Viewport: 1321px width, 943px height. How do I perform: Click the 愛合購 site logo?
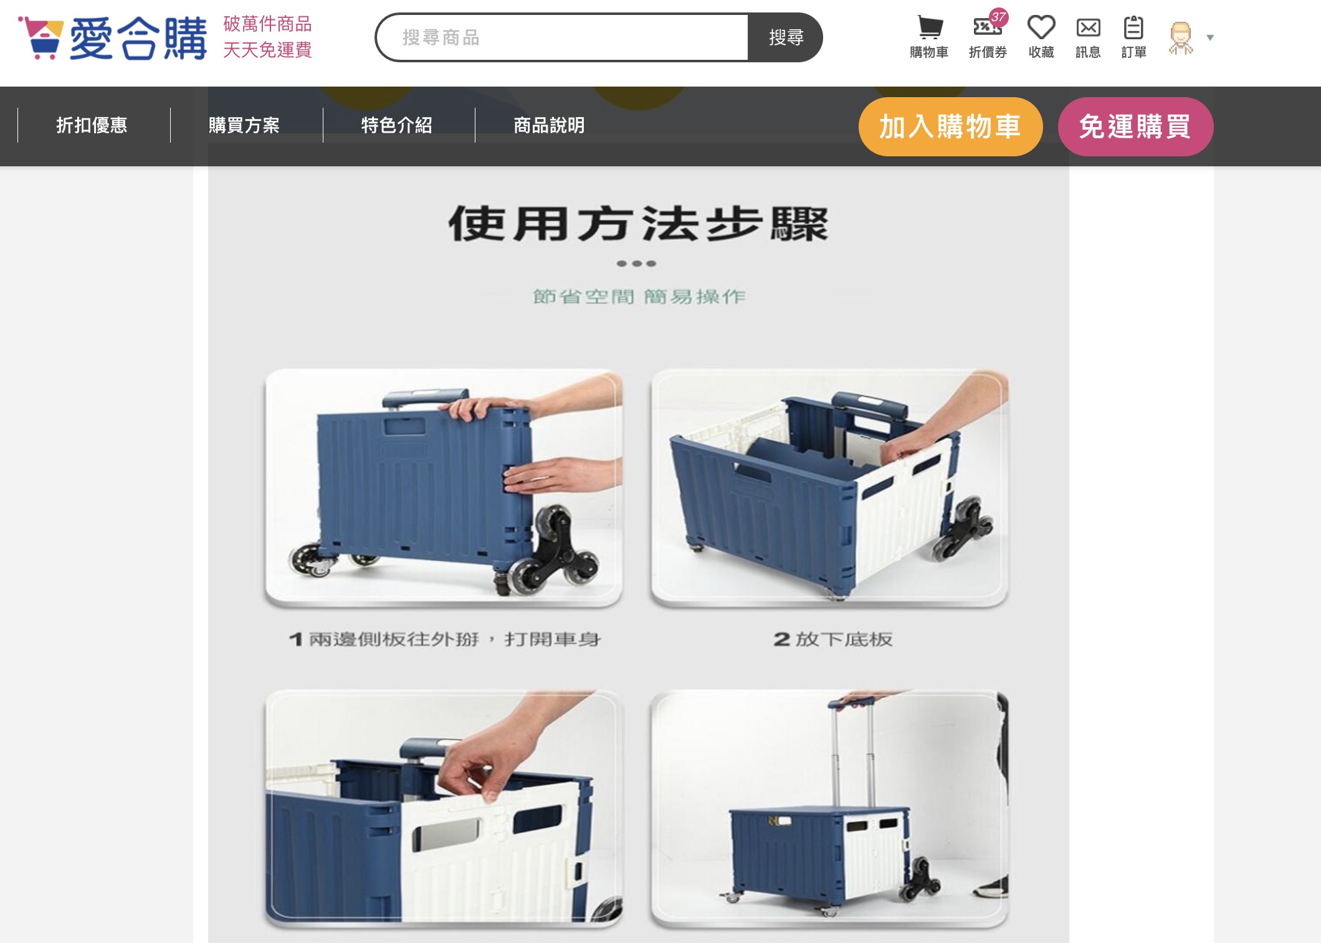coord(113,37)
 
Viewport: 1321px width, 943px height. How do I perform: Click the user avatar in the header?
coord(1181,38)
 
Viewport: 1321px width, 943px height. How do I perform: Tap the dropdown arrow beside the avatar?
coord(1210,38)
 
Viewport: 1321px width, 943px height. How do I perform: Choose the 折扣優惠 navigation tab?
coord(92,125)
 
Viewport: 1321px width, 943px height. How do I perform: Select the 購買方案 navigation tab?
coord(244,125)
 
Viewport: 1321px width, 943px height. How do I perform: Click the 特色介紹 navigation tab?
coord(397,125)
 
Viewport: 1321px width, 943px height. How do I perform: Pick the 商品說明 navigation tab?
coord(549,125)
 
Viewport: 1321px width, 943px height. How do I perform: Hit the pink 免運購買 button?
coord(1135,126)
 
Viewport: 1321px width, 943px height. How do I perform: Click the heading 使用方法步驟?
coord(638,224)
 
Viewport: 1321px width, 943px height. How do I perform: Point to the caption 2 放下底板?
coord(833,639)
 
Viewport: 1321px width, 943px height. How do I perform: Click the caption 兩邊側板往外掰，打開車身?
coord(454,639)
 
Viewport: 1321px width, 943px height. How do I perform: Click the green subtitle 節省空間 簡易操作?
coord(639,296)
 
